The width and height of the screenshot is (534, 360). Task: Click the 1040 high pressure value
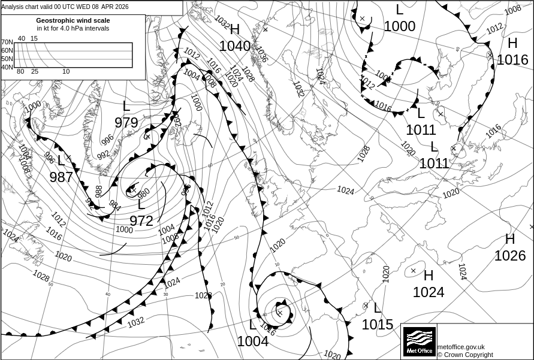[235, 46]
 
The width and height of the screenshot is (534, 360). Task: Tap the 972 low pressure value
[141, 221]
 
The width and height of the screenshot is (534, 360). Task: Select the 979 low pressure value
[126, 123]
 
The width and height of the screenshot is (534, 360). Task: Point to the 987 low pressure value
[61, 177]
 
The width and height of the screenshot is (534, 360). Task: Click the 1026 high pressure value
[510, 256]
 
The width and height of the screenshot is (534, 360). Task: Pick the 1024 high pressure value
[429, 292]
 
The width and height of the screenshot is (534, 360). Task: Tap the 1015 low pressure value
[378, 325]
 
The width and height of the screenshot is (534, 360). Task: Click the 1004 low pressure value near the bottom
[253, 341]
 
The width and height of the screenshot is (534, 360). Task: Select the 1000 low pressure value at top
[400, 26]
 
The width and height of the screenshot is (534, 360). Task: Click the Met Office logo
[419, 342]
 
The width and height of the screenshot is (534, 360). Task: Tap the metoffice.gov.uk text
[461, 347]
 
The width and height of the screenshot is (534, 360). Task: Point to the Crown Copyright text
[465, 355]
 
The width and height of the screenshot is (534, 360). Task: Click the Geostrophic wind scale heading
[73, 20]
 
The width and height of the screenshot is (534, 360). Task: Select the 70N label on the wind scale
[7, 42]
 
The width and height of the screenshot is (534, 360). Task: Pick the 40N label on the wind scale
[7, 67]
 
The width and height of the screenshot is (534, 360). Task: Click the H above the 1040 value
[234, 30]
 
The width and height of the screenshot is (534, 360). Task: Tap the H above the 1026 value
[510, 240]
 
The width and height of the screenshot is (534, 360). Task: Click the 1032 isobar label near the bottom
[136, 322]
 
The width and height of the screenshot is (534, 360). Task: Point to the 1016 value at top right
[512, 60]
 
